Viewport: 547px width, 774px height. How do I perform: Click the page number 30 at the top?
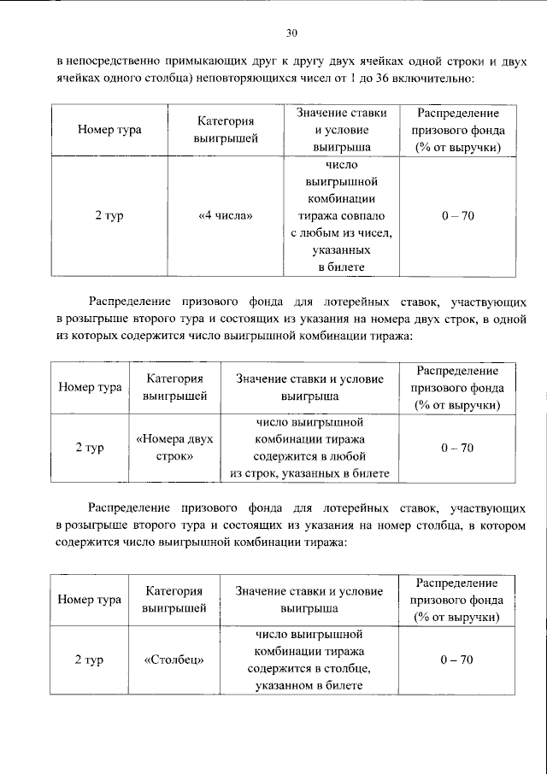coord(291,33)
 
